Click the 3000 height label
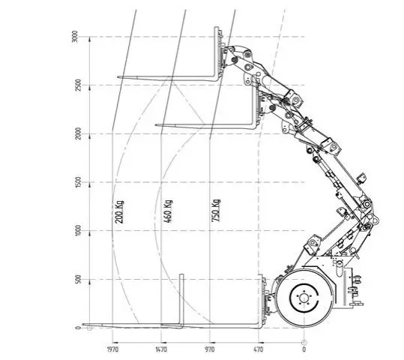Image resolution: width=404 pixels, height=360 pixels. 74,37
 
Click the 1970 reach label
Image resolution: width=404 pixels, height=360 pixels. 112,349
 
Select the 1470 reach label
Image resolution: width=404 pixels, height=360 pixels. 161,349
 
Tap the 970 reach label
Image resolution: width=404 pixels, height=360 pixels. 210,349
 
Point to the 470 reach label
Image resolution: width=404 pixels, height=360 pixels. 259,349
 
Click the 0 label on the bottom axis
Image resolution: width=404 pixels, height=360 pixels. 304,349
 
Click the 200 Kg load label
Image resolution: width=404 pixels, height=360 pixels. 118,212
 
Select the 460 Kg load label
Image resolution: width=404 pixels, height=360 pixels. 168,211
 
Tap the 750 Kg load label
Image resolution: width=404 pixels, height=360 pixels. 216,211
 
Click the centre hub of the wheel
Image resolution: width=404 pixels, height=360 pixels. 304,298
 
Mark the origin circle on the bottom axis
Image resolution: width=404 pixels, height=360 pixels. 304,343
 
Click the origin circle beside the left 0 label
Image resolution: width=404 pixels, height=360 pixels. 89,328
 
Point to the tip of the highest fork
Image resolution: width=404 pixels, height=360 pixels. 118,76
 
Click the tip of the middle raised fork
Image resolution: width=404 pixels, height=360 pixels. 156,125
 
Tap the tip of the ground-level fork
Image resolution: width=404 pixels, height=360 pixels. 82,324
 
